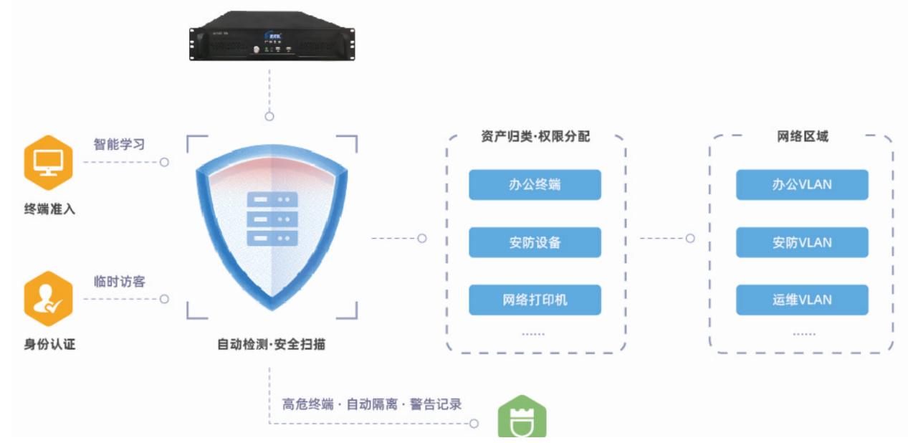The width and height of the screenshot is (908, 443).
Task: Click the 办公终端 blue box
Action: (x=535, y=185)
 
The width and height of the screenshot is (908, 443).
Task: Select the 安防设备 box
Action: (x=535, y=242)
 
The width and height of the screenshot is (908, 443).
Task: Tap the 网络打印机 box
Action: (x=535, y=300)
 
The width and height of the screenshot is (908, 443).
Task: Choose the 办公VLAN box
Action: (x=802, y=185)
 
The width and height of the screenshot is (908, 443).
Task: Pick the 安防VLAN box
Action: (x=802, y=242)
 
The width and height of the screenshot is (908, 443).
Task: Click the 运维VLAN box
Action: (x=802, y=300)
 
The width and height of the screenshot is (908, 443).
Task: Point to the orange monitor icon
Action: (x=49, y=161)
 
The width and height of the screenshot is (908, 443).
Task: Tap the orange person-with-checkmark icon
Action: (x=49, y=299)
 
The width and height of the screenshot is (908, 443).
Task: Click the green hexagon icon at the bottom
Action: (x=522, y=419)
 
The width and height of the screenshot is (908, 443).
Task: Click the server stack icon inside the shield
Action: (x=272, y=219)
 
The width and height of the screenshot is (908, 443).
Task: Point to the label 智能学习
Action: (x=119, y=144)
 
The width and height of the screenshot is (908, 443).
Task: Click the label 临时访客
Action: (x=120, y=282)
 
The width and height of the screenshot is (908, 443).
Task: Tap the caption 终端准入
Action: (x=49, y=209)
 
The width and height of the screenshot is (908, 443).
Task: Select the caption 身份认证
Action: (x=49, y=344)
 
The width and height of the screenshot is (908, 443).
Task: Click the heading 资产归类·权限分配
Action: (x=535, y=136)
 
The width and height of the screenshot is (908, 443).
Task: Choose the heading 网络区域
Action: (x=803, y=136)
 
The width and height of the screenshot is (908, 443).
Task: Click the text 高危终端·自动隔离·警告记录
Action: (x=372, y=404)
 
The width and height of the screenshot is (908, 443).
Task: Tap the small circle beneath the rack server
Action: (x=269, y=116)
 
